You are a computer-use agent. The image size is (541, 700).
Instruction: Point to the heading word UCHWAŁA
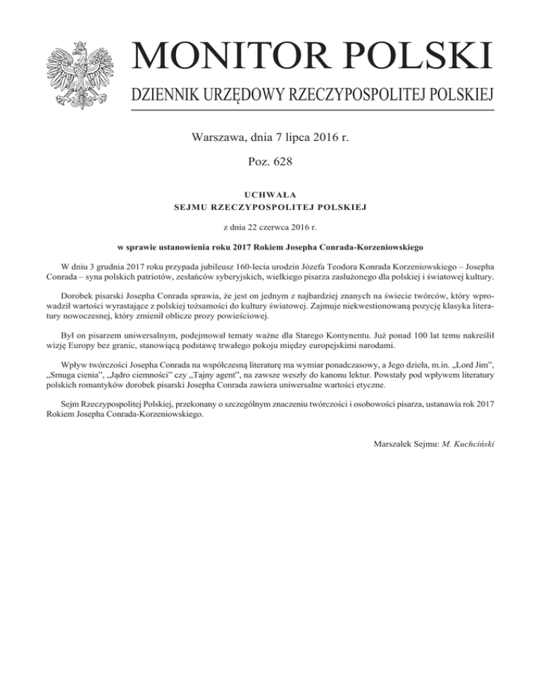point(270,193)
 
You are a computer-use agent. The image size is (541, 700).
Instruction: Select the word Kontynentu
point(359,335)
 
